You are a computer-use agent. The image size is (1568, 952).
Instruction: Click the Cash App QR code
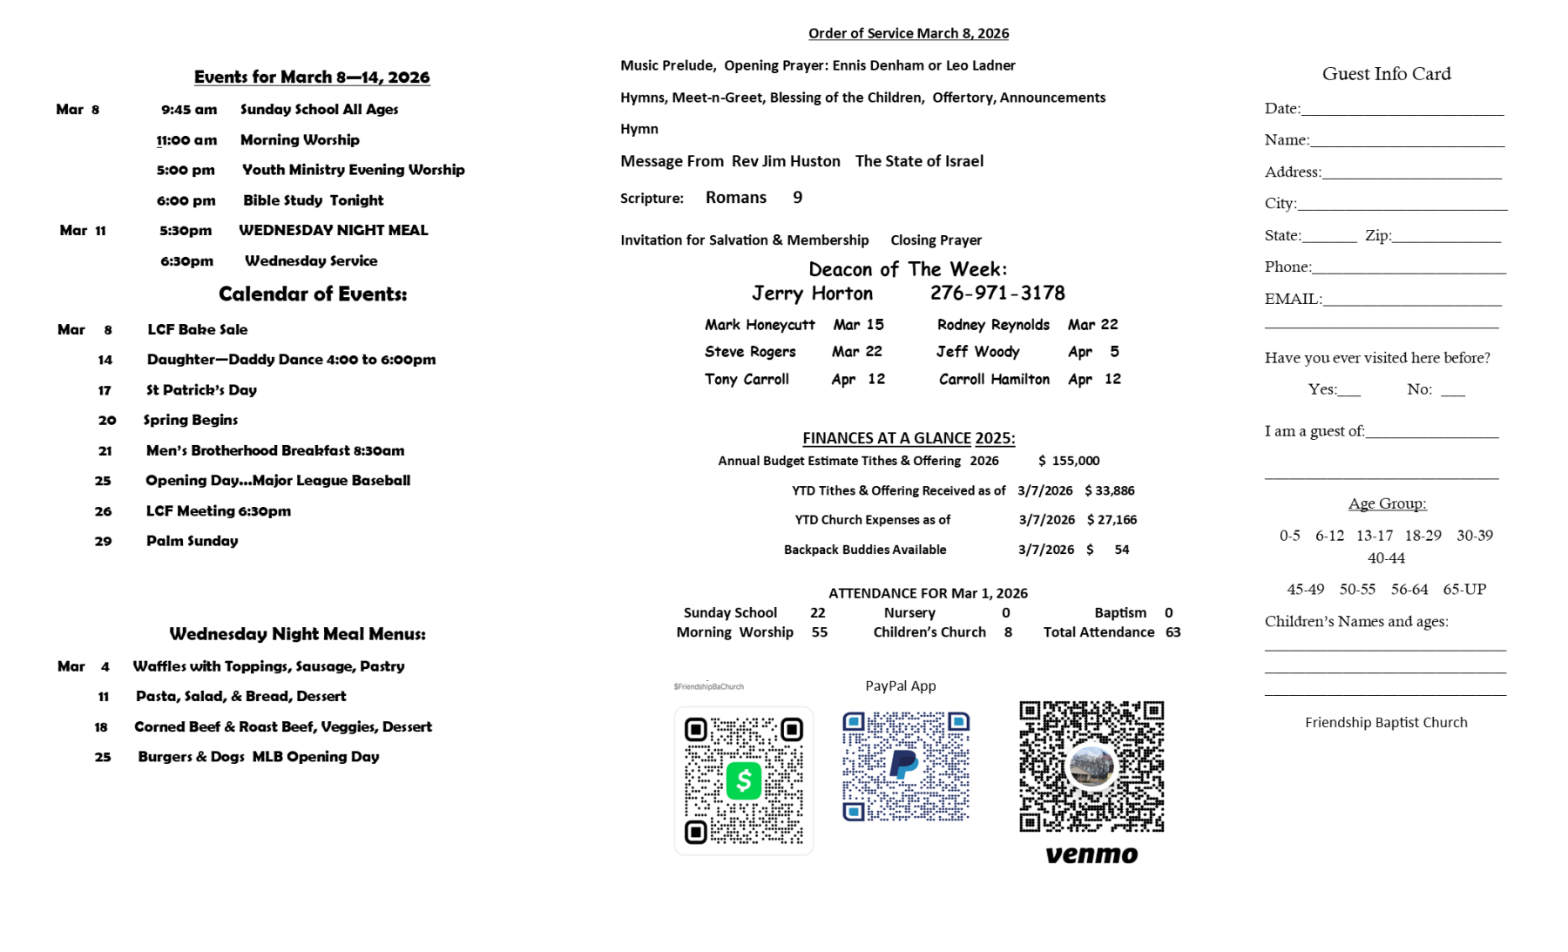tap(743, 780)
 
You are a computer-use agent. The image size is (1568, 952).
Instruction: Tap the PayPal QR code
tap(905, 766)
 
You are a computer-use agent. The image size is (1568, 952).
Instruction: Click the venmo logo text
tap(1092, 854)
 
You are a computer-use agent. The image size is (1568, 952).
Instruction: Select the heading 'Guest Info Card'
tap(1386, 74)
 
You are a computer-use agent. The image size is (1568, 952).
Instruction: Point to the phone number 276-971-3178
tap(997, 294)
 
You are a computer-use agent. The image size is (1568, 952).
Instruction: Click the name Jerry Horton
tap(812, 294)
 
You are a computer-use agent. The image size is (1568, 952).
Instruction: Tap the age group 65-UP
tap(1464, 590)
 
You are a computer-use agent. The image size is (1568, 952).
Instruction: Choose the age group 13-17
tap(1374, 536)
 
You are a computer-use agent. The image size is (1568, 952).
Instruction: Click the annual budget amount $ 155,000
tap(1069, 461)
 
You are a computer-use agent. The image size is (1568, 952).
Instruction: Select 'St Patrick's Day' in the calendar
tap(201, 390)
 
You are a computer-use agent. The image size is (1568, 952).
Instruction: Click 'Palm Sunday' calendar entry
tap(192, 541)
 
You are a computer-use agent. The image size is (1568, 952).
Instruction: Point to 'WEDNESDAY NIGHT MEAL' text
tap(333, 231)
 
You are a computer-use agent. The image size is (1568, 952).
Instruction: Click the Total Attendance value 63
tap(1173, 632)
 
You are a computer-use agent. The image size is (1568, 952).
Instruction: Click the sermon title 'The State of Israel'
tap(919, 161)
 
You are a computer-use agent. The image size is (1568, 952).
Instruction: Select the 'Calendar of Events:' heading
tap(313, 294)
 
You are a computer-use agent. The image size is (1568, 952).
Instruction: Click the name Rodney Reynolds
tap(993, 325)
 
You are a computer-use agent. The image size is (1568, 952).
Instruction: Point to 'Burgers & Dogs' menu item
tap(191, 757)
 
